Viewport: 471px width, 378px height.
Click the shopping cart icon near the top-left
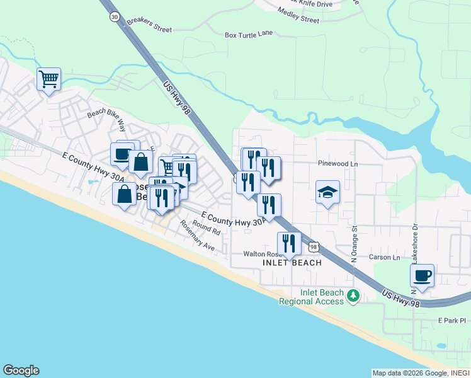point(48,79)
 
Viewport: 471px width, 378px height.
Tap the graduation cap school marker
point(327,192)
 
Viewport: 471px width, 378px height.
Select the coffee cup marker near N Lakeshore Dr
point(422,275)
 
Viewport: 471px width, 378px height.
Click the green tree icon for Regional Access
point(353,295)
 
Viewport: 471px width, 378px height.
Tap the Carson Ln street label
point(384,257)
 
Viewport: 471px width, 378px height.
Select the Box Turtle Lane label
point(249,35)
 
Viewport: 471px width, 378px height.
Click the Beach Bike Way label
point(106,113)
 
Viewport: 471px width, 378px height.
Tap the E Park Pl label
point(451,321)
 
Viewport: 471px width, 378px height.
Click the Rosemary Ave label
point(197,236)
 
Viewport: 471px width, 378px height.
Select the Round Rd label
point(207,228)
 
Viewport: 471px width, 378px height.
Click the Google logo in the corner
point(21,370)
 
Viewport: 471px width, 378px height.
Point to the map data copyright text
point(421,373)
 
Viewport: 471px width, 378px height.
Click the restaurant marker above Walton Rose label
point(289,243)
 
